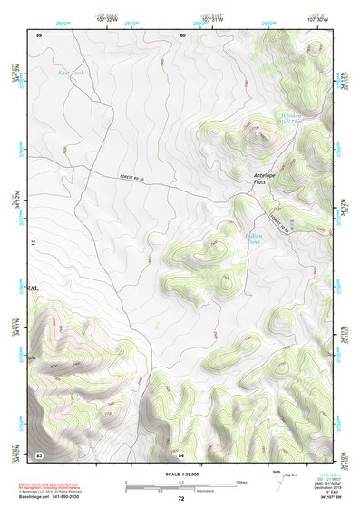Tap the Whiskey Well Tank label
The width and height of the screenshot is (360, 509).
(290, 118)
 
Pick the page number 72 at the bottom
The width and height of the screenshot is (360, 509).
(180, 499)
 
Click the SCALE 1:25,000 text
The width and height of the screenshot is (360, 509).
(180, 474)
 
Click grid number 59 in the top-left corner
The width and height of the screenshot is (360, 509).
(39, 34)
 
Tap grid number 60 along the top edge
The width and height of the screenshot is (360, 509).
(182, 34)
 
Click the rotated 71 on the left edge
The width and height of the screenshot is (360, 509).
(37, 243)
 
